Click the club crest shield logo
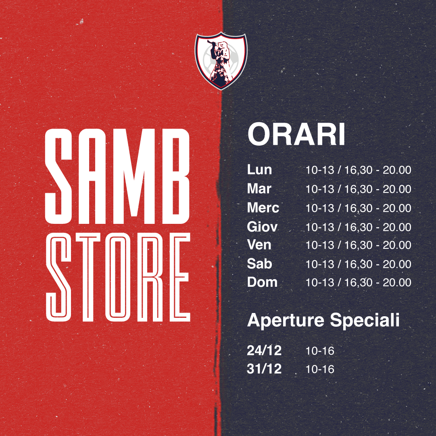click(221, 60)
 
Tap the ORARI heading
click(296, 135)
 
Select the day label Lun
click(259, 170)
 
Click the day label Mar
click(259, 189)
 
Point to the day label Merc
click(263, 208)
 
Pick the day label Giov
click(262, 227)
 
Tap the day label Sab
click(259, 264)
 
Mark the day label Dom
click(262, 282)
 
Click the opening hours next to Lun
click(359, 170)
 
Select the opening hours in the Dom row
click(359, 282)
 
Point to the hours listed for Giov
click(359, 227)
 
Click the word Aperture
click(286, 321)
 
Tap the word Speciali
click(365, 321)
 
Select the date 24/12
click(264, 350)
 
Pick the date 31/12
click(264, 369)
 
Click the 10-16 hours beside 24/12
click(320, 351)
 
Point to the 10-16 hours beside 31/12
click(320, 369)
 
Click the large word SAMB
click(117, 176)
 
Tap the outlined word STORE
click(118, 277)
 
